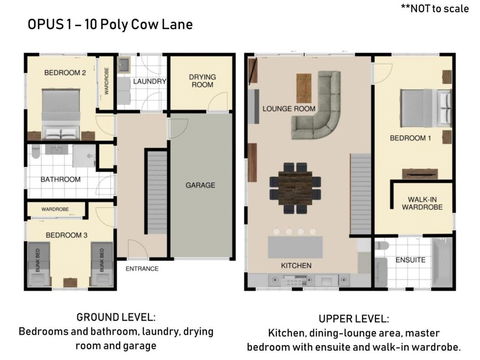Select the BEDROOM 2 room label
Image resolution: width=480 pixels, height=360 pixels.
(62, 73)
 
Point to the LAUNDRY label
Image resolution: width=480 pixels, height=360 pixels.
(150, 81)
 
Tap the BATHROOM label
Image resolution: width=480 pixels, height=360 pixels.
(59, 181)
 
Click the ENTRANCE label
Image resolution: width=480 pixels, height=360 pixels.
(141, 268)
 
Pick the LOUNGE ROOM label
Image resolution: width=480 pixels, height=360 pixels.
(289, 108)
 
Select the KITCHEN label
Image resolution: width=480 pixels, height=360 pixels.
(297, 265)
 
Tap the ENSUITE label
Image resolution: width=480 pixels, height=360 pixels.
(410, 260)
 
